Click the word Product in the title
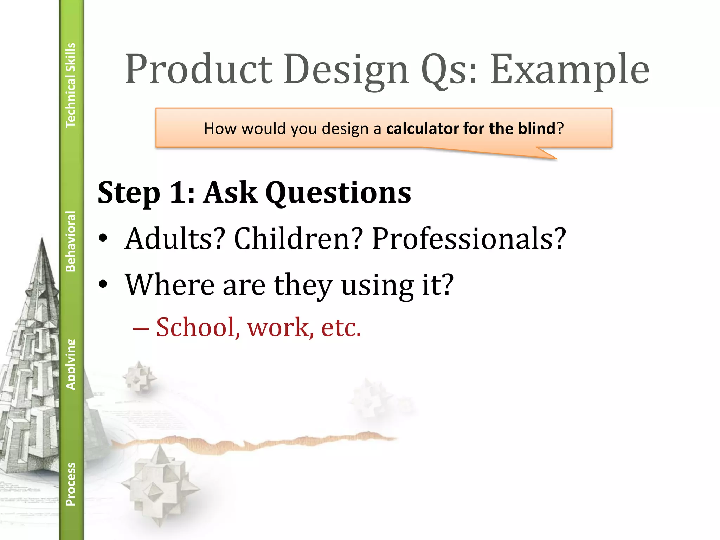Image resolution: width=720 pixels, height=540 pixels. pyautogui.click(x=199, y=69)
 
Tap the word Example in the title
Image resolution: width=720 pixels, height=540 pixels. pyautogui.click(x=570, y=69)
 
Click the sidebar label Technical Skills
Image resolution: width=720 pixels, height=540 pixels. pyautogui.click(x=71, y=85)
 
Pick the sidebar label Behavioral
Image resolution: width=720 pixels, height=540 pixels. pyautogui.click(x=71, y=241)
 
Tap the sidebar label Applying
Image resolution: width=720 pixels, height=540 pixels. pyautogui.click(x=71, y=364)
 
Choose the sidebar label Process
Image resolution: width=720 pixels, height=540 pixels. pyautogui.click(x=71, y=484)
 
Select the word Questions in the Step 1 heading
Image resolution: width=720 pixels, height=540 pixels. pyautogui.click(x=338, y=193)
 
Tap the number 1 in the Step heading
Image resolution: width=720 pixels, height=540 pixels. pyautogui.click(x=177, y=193)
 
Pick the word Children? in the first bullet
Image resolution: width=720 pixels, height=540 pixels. pyautogui.click(x=298, y=238)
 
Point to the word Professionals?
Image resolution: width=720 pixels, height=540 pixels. pyautogui.click(x=469, y=238)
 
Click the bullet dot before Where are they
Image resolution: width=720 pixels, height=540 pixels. pyautogui.click(x=103, y=284)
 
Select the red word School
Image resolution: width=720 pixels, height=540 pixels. pyautogui.click(x=195, y=327)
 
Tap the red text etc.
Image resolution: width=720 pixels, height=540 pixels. pyautogui.click(x=341, y=327)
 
